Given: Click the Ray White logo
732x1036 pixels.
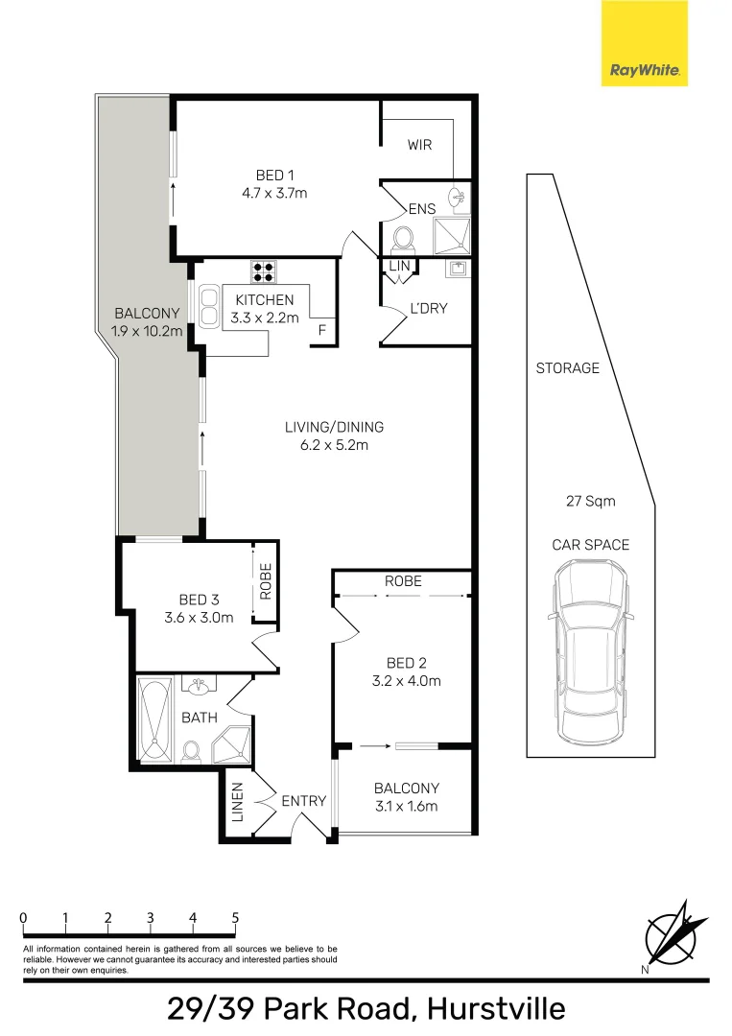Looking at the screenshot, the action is tap(644, 43).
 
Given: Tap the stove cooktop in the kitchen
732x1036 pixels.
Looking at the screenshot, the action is tap(264, 271).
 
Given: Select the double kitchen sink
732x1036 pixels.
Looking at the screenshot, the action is tap(209, 306).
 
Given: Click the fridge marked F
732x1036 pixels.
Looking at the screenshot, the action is tap(322, 330).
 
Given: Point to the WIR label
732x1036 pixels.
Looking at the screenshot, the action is tap(419, 144).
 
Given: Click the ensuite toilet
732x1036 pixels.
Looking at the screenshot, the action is tap(402, 240).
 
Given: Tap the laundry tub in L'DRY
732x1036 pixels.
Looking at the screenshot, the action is tap(459, 269).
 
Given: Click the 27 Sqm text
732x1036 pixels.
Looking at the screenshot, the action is tap(591, 501).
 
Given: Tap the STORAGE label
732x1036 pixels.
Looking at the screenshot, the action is tap(568, 368).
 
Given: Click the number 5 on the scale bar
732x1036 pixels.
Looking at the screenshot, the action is tap(235, 918).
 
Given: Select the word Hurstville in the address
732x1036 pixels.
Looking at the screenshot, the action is tap(496, 1009).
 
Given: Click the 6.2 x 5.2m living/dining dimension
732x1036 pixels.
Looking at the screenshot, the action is tap(334, 445).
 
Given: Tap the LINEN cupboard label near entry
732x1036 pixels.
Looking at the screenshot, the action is tap(238, 802).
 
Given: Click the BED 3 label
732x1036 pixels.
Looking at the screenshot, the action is tap(199, 600).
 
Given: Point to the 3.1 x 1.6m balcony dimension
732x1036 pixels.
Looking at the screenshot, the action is tap(406, 806).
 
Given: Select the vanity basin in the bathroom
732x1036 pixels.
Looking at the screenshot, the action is tap(198, 687).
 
